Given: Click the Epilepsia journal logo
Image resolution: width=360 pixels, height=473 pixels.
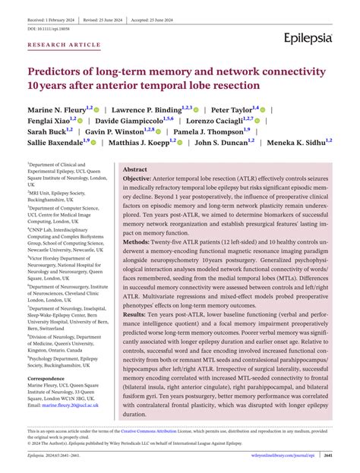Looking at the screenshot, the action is tap(308, 37).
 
